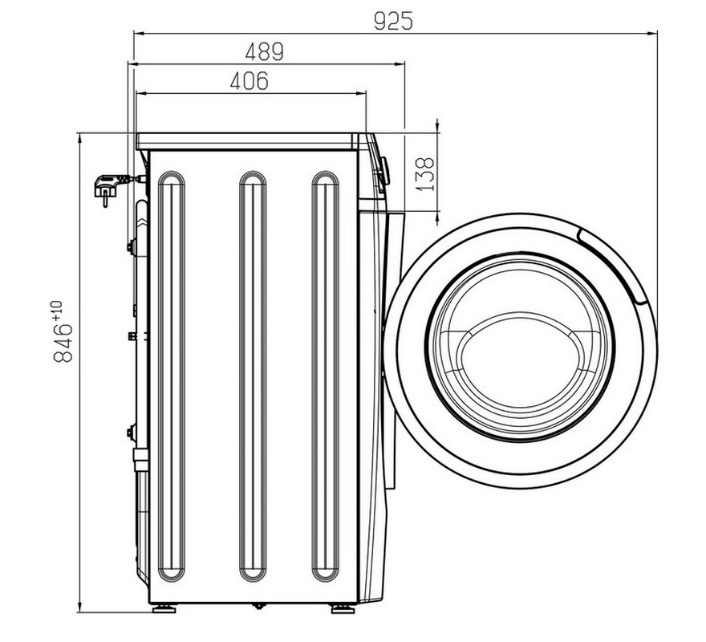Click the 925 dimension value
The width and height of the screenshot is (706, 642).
tap(393, 21)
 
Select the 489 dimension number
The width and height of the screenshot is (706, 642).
tap(264, 51)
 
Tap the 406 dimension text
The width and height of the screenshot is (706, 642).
tap(249, 81)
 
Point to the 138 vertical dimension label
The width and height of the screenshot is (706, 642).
tap(424, 174)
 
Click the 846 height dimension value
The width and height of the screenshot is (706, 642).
tap(63, 343)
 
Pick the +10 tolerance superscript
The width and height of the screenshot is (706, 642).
tap(57, 311)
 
